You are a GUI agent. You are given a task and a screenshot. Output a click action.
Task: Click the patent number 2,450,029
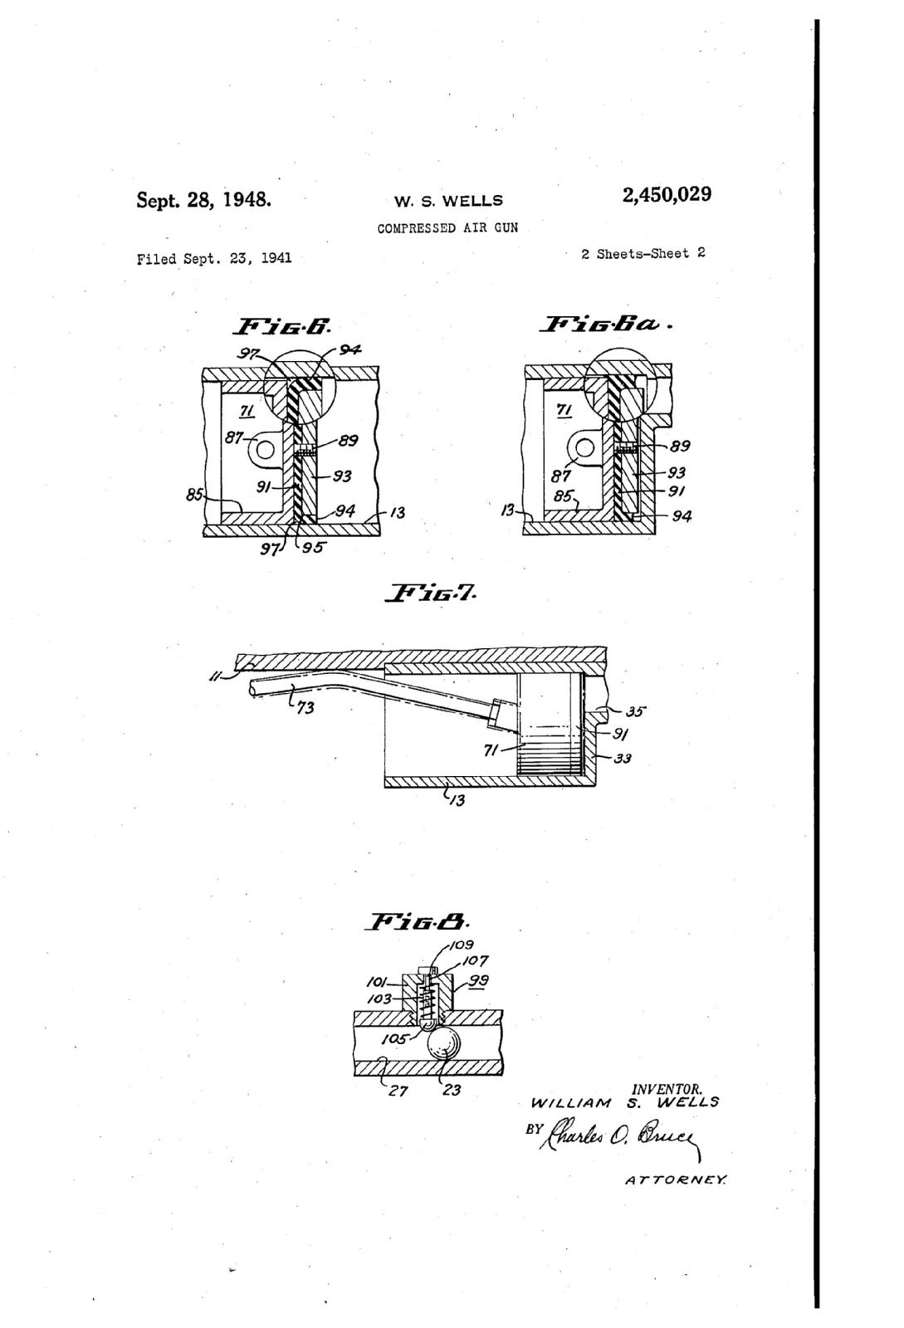[x=667, y=195]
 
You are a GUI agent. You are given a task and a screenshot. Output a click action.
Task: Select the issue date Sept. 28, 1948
[x=204, y=200]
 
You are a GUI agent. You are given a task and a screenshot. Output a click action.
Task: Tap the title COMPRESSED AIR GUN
[x=447, y=228]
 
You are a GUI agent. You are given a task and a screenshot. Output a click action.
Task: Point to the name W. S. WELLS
[x=449, y=202]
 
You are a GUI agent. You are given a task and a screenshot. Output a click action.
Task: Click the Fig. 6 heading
[x=283, y=326]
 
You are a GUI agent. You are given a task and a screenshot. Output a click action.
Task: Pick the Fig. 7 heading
[x=430, y=593]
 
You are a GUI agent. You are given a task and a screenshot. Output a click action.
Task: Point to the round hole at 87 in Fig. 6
[x=265, y=450]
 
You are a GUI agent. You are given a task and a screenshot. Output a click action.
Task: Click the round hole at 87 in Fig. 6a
[x=584, y=448]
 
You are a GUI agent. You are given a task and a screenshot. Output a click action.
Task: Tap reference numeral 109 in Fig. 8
[x=462, y=945]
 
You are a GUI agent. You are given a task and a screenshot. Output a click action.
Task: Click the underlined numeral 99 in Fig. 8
[x=478, y=981]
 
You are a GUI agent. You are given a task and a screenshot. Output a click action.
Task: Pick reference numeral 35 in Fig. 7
[x=635, y=711]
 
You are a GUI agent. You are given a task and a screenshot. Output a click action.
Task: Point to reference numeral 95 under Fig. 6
[x=313, y=547]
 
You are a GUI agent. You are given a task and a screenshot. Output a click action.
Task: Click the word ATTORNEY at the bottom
[x=676, y=1192]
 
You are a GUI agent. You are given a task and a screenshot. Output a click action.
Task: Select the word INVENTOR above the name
[x=667, y=1090]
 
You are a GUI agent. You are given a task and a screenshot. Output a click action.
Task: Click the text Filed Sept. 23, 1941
[x=214, y=259]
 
